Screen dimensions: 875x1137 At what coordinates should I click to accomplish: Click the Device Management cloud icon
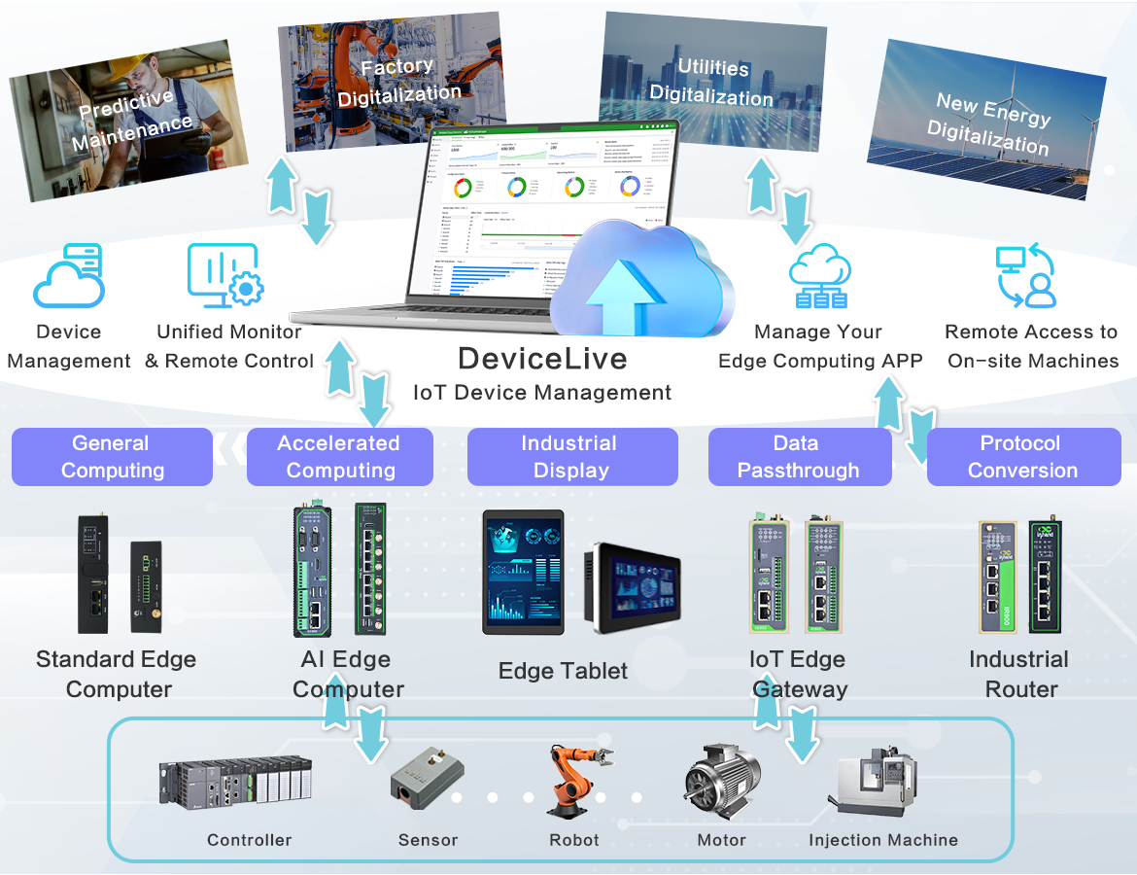(x=69, y=277)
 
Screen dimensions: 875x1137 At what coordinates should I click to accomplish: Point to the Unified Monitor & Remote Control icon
(x=225, y=275)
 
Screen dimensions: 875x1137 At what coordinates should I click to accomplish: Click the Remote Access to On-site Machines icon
(x=1026, y=276)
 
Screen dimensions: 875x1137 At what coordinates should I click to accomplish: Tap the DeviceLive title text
(x=542, y=359)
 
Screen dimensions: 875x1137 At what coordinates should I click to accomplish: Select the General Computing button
(x=112, y=457)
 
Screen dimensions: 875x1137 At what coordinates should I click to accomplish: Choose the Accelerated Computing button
(x=339, y=457)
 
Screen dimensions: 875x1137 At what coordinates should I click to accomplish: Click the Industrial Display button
(x=571, y=457)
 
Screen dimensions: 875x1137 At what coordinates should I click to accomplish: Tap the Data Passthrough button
(x=799, y=457)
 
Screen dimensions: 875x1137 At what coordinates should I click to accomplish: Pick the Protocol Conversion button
(x=1023, y=457)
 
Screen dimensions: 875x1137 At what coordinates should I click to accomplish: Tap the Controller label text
(x=249, y=840)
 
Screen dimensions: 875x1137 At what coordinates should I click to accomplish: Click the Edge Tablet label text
(x=563, y=671)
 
